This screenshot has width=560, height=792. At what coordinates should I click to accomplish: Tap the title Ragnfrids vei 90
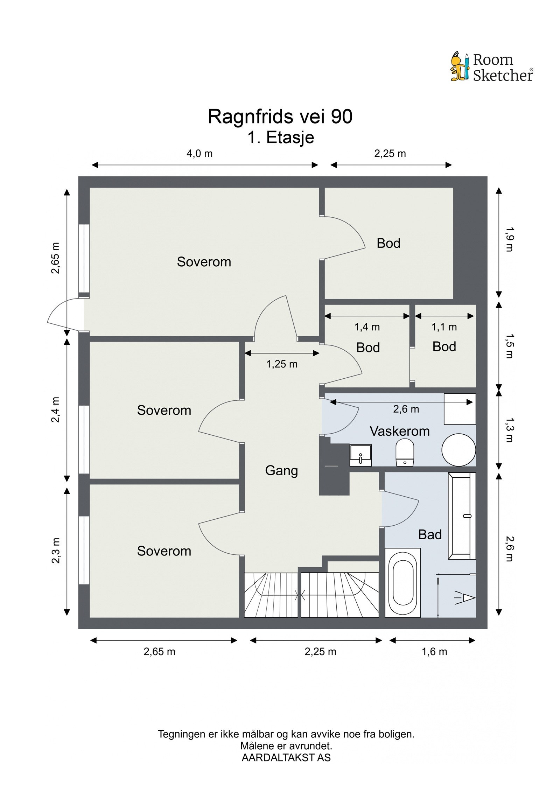[280, 117]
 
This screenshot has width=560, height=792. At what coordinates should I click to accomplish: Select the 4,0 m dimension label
[199, 154]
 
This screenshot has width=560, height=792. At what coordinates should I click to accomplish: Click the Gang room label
[281, 471]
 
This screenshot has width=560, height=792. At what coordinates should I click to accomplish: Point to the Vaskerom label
[400, 431]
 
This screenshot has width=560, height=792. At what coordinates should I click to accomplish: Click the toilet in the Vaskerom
[405, 453]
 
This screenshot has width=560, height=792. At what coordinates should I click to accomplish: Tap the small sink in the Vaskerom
[360, 455]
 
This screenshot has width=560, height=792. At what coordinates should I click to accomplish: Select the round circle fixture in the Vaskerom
[458, 450]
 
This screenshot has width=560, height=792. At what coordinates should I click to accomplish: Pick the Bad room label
[430, 535]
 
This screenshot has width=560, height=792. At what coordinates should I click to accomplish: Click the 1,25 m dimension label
[282, 364]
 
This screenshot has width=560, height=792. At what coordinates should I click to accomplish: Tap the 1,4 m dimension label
[367, 327]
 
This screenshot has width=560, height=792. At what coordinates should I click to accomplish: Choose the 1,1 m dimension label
[444, 327]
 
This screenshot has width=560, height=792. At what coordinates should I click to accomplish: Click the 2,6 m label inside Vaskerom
[406, 409]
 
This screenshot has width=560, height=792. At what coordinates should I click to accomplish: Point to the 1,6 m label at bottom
[434, 652]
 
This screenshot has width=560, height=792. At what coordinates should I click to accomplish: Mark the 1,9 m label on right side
[509, 240]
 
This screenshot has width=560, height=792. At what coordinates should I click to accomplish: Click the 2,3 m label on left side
[56, 551]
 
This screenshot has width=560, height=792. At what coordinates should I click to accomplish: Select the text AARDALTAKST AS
[286, 757]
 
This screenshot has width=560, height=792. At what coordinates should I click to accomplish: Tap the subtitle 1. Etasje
[281, 138]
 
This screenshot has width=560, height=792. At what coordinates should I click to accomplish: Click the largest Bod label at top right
[388, 243]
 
